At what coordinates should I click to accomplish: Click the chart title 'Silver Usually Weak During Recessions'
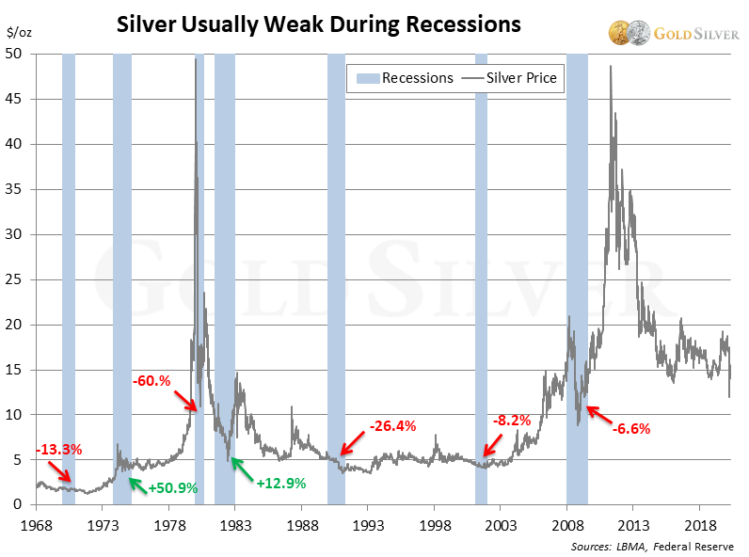pos(318,24)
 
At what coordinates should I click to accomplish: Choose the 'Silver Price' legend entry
pos(512,78)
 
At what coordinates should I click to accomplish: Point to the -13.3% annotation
pos(58,449)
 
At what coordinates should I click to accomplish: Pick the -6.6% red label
pos(631,428)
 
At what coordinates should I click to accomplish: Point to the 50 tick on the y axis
pos(15,55)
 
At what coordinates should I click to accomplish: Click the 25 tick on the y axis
pos(15,279)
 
